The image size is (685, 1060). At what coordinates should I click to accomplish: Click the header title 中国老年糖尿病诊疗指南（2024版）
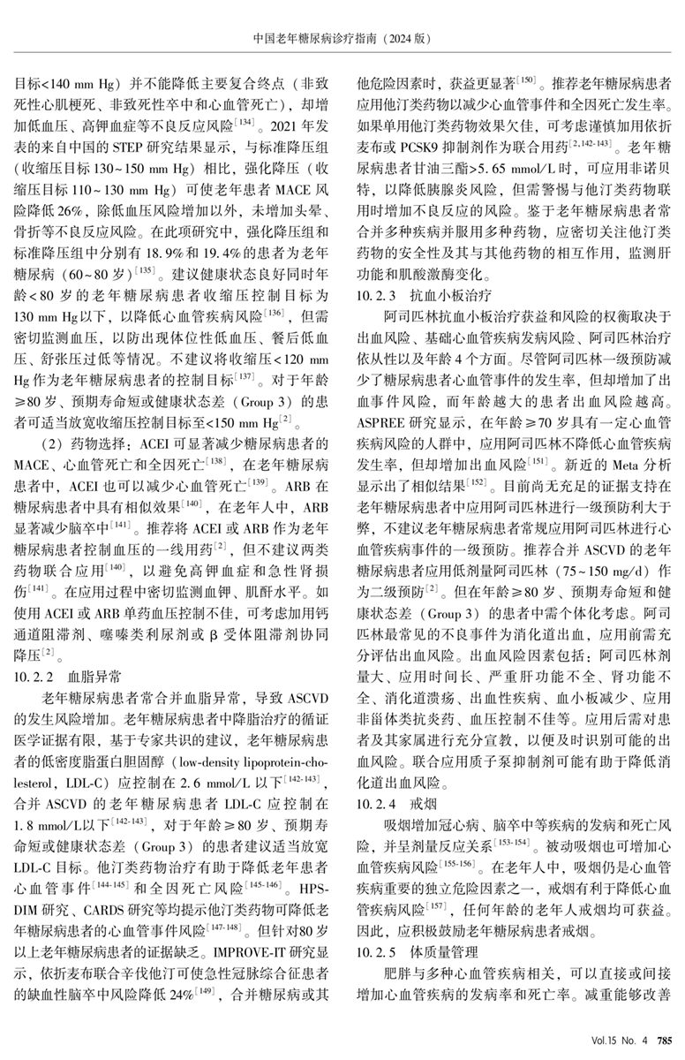(342, 39)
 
